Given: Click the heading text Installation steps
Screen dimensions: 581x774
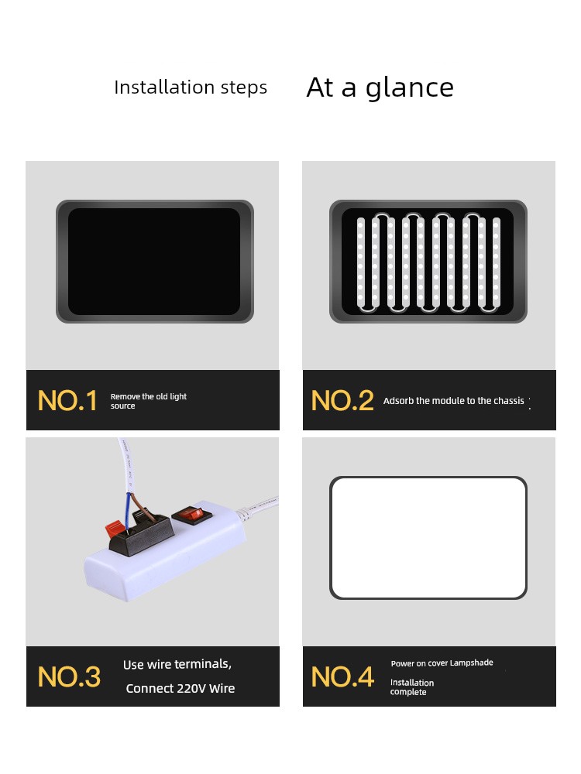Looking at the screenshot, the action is (191, 87).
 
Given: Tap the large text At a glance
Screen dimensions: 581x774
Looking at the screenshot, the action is (380, 88).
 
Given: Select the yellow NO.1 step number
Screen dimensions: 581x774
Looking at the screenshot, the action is (67, 400).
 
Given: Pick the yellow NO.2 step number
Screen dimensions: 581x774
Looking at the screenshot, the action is (342, 400).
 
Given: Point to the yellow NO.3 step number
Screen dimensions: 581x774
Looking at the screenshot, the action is (69, 676).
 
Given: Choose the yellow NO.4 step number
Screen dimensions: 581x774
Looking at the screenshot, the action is (342, 676).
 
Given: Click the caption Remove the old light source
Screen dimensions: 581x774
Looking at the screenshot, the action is (148, 401).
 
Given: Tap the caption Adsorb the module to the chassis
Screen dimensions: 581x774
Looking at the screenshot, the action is (453, 401).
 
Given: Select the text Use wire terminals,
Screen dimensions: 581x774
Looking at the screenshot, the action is (177, 664).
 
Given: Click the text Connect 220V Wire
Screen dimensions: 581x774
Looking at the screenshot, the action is (180, 688).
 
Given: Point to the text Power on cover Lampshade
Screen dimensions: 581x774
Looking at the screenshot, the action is (442, 663).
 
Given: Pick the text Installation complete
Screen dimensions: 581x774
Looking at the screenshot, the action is (412, 687).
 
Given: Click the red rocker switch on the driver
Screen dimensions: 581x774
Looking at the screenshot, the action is (191, 515).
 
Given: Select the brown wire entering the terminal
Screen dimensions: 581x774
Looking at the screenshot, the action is (142, 505).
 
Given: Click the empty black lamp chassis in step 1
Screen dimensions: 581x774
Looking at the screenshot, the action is (155, 262).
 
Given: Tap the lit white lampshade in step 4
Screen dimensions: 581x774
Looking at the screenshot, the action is (428, 538).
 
